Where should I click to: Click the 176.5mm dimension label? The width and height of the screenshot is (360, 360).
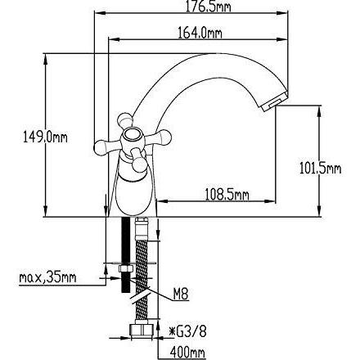coord(208,7)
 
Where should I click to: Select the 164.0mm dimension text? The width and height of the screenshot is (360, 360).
coord(200,33)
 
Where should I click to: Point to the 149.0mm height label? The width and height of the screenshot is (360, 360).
coord(45,137)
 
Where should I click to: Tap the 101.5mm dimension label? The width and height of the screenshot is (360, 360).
coord(320,168)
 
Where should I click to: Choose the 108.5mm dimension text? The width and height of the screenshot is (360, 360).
coord(227,195)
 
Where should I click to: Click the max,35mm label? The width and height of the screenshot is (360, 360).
coord(47,277)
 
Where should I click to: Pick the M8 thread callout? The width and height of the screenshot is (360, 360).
coord(181,295)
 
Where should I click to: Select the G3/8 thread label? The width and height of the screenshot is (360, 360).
coord(188,331)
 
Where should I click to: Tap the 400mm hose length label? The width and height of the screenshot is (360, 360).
coord(187,353)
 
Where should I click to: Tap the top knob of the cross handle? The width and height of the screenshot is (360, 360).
coord(125,120)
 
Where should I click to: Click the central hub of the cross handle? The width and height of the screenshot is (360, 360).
coord(132,138)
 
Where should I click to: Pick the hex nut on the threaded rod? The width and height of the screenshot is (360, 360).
coord(125,268)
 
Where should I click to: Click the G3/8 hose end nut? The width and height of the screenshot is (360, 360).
coord(142,331)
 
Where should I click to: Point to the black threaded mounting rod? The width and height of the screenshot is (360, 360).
coord(125,254)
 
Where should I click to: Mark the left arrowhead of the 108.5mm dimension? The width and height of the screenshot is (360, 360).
coord(162,201)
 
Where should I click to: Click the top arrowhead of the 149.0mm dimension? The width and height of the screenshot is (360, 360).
coord(46,58)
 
